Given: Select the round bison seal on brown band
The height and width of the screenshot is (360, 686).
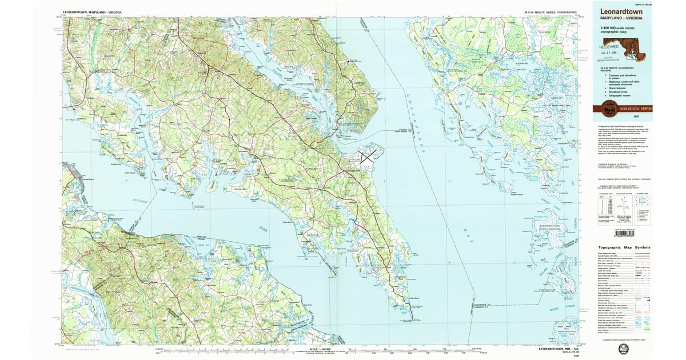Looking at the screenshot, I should pyautogui.click(x=607, y=109).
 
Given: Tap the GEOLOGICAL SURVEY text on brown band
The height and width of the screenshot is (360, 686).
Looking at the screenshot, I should pyautogui.click(x=635, y=108).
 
